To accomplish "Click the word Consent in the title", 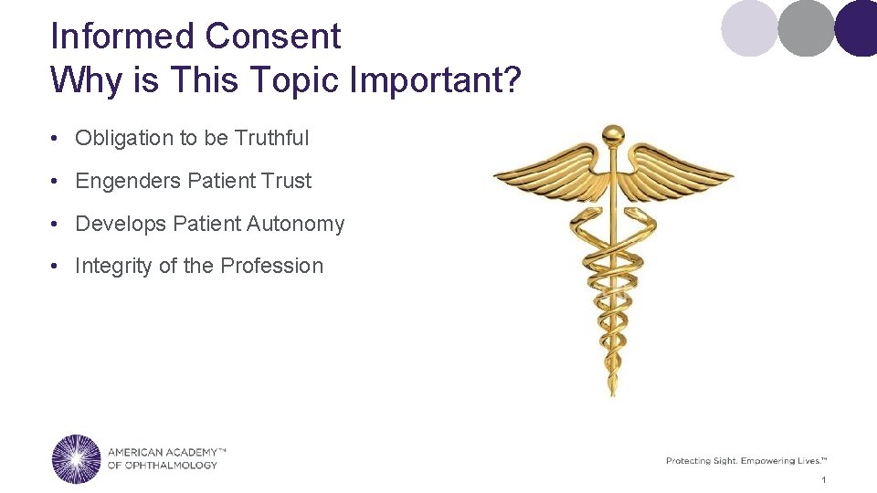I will (272, 37).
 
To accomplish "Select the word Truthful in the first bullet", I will (271, 138).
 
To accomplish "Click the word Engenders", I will (128, 181).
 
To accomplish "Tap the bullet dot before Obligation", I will (57, 139).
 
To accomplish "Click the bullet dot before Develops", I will (57, 225).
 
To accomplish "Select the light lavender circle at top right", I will (748, 27).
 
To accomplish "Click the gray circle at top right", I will (806, 27).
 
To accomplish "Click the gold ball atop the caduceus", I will (613, 135).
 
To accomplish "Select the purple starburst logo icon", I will (77, 458).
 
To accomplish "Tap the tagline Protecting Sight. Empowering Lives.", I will (745, 461).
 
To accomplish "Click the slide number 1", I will (823, 480).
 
